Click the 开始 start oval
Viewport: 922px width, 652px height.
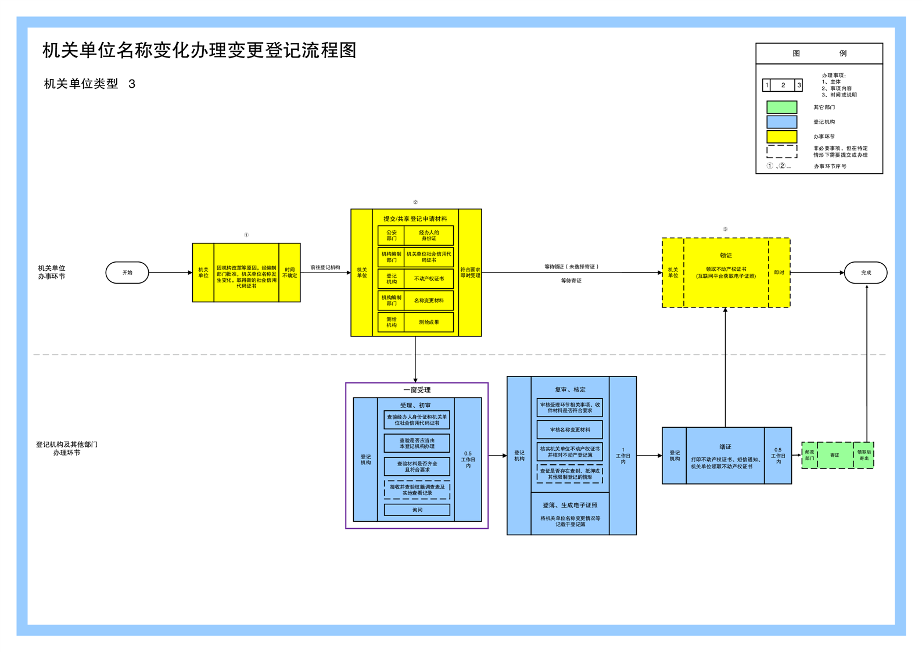click(x=127, y=273)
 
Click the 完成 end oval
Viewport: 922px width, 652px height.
click(x=865, y=273)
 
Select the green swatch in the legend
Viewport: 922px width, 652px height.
click(x=781, y=107)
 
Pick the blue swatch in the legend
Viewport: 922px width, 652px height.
click(x=781, y=122)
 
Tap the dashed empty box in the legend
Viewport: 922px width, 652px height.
click(x=781, y=152)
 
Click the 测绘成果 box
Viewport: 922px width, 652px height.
click(x=429, y=322)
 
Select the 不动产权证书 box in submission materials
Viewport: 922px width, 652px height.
click(x=429, y=278)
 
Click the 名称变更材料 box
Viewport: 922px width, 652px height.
click(x=429, y=300)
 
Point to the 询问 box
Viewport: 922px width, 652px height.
click(x=417, y=510)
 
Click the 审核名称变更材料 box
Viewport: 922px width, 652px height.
click(x=569, y=429)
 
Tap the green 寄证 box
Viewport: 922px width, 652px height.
click(x=834, y=455)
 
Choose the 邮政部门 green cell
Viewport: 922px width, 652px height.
click(x=809, y=455)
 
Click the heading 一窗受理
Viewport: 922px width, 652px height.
click(x=417, y=390)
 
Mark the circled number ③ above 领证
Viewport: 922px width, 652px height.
click(x=725, y=230)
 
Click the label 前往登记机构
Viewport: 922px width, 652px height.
click(x=325, y=267)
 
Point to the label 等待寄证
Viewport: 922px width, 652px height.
click(x=571, y=281)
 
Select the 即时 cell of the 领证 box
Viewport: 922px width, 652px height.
click(x=779, y=273)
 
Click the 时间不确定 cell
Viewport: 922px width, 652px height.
click(x=289, y=273)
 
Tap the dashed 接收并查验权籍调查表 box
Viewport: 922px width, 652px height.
click(x=417, y=489)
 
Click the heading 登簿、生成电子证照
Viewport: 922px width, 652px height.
click(x=570, y=505)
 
